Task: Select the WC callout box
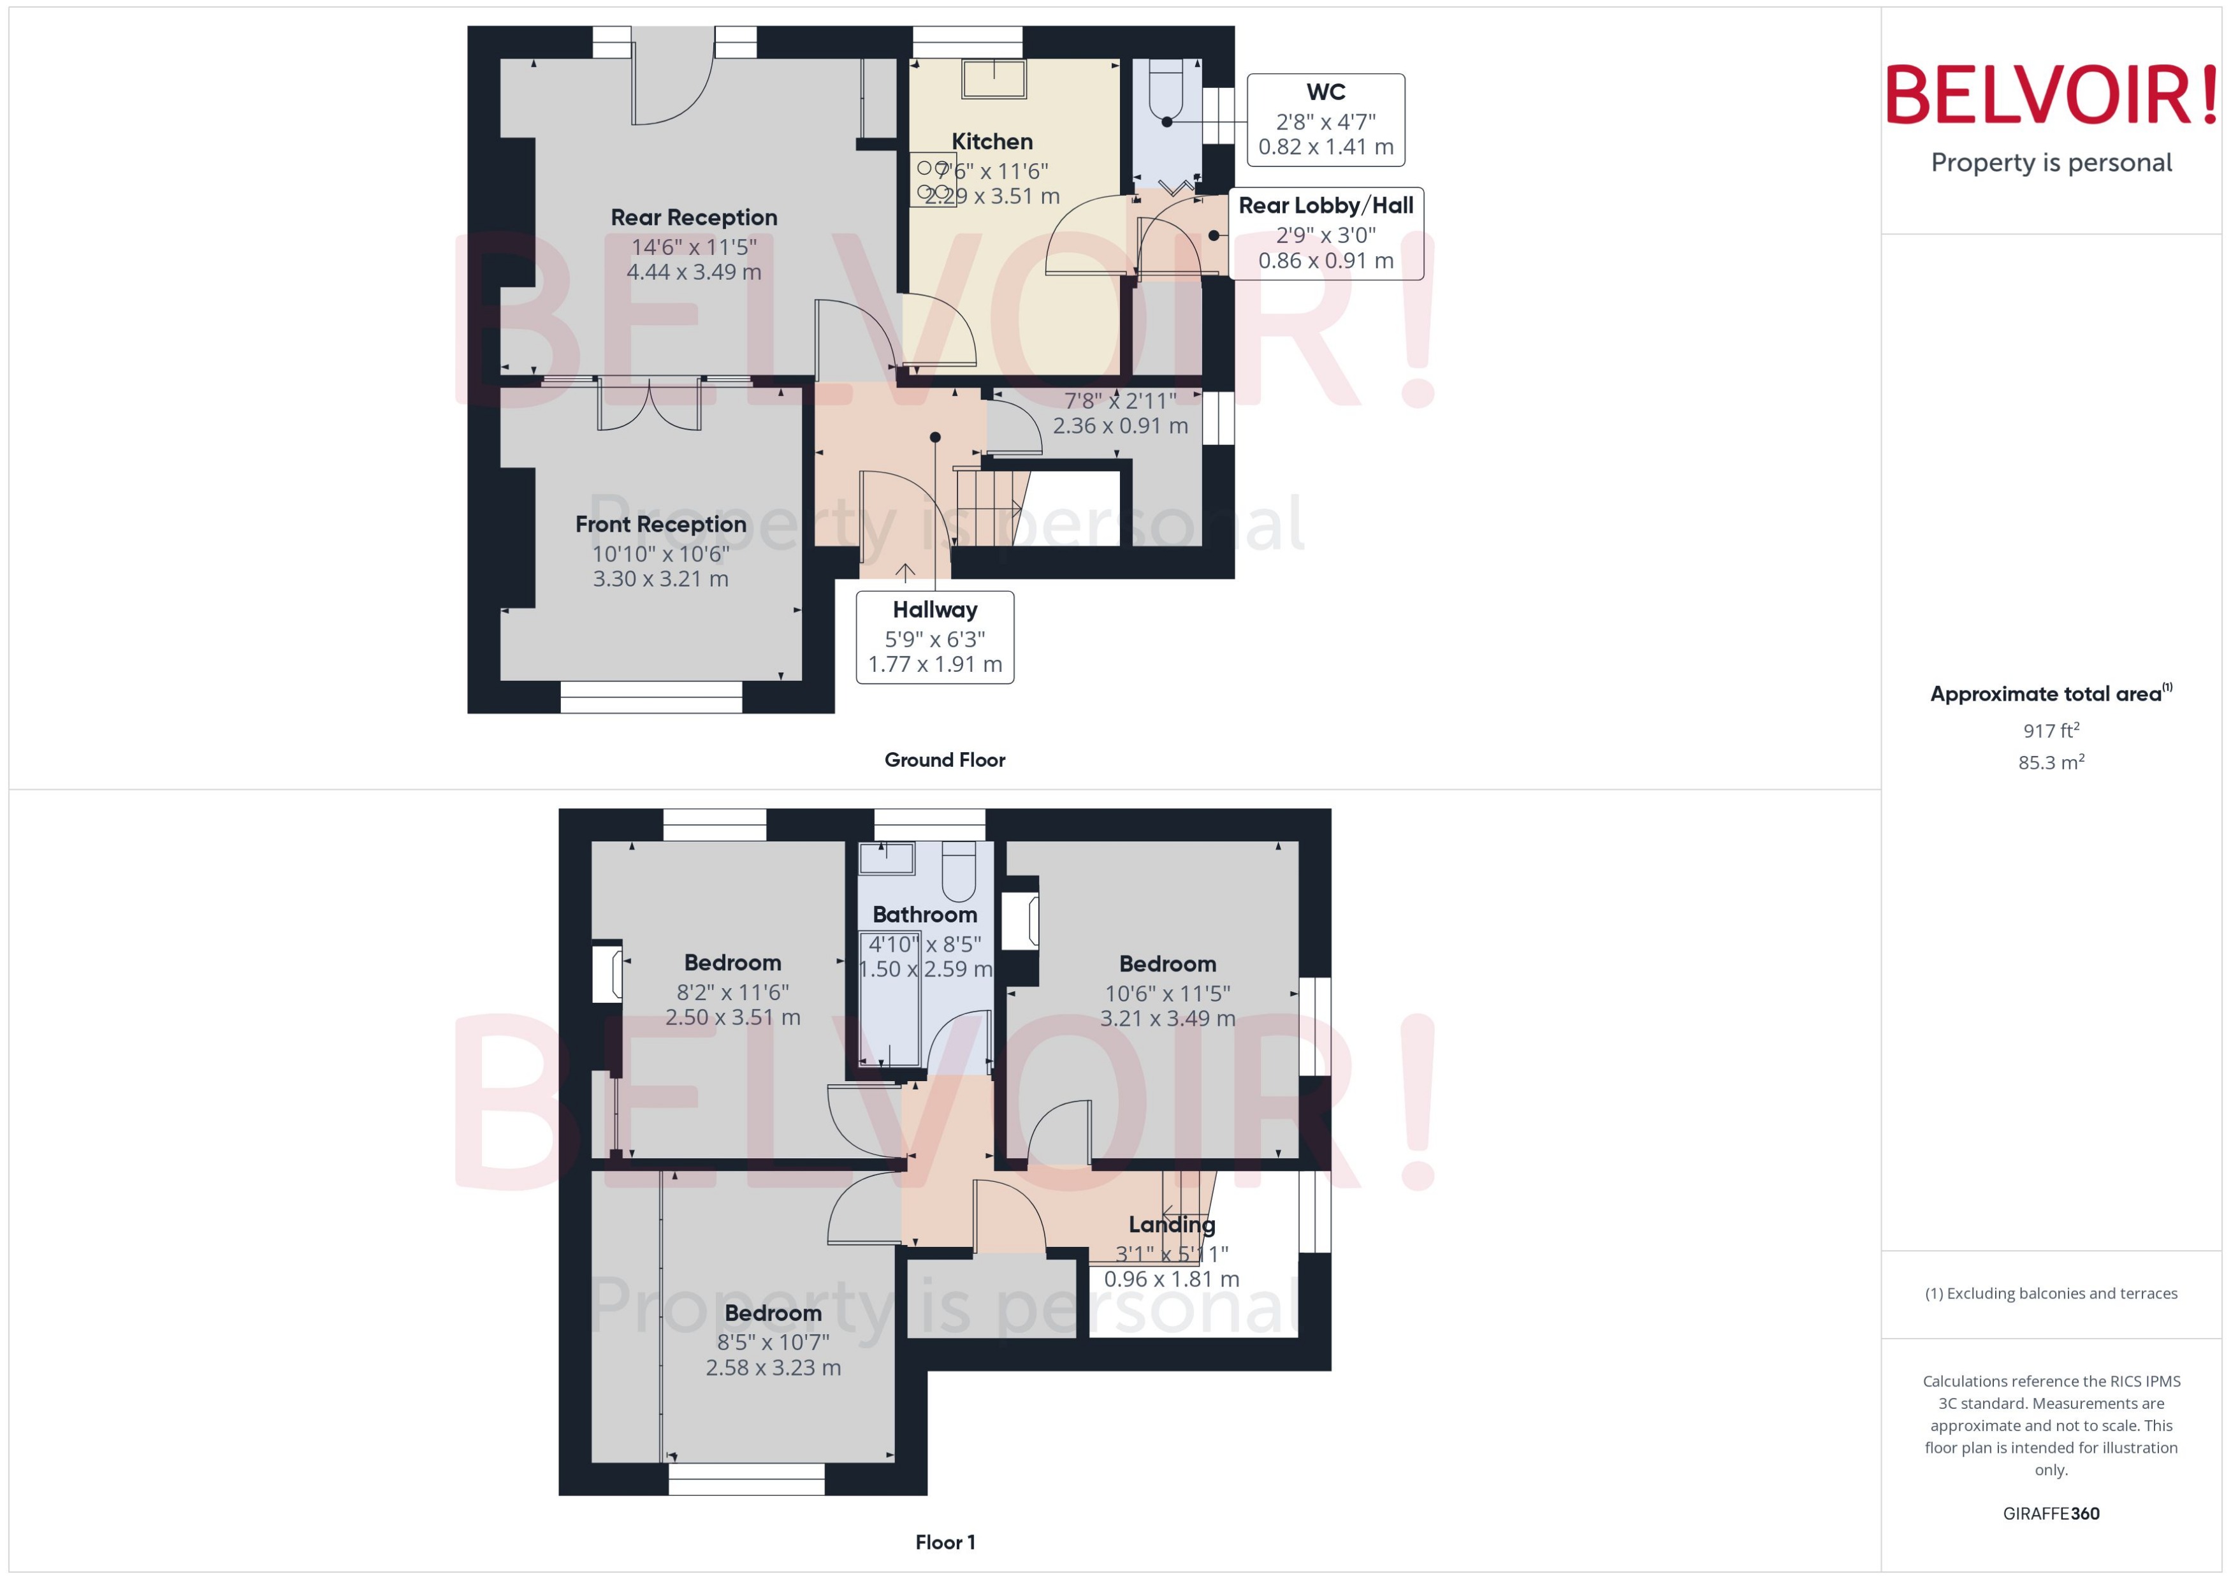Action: [1325, 120]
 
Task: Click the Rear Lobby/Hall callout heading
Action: [1325, 206]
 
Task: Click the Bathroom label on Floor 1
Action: [924, 915]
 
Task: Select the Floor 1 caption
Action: [944, 1542]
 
